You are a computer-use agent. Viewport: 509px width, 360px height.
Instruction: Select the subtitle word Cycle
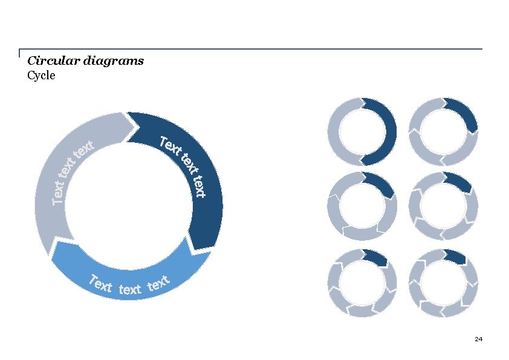coord(41,76)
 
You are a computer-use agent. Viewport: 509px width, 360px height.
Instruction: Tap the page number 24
coord(478,339)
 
